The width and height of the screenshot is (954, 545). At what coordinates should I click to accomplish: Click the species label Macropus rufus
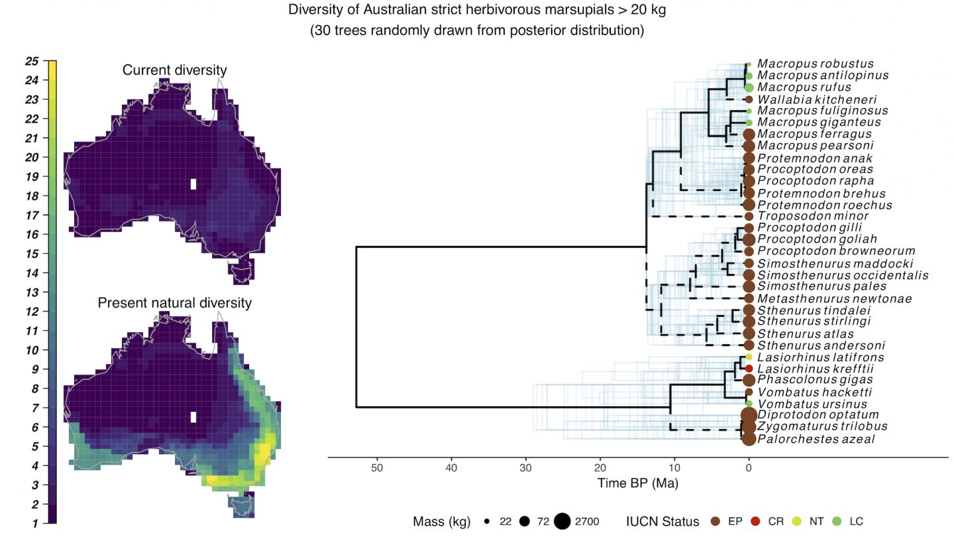point(804,88)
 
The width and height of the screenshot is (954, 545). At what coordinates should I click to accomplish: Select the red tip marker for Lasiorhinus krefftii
point(749,369)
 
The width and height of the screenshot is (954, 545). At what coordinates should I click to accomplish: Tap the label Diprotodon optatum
point(818,415)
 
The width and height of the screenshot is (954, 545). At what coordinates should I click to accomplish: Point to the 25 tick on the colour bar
point(32,61)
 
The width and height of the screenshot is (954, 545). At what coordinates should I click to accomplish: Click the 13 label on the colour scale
point(32,292)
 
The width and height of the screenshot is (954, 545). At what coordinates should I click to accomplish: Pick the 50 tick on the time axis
point(377,467)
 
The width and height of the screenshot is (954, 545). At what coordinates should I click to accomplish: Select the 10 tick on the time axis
point(674,467)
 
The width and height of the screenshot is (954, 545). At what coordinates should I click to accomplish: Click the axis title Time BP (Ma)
point(637,483)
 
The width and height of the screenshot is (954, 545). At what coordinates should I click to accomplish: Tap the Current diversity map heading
point(174,70)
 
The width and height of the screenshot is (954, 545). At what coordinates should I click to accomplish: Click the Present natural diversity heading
point(174,303)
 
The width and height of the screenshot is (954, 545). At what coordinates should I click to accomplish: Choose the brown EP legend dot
point(715,521)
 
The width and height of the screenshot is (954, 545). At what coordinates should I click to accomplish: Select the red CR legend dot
point(755,521)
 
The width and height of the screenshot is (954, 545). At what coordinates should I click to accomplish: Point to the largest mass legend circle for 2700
point(562,521)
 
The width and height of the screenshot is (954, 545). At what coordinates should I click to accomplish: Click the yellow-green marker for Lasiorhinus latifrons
point(749,357)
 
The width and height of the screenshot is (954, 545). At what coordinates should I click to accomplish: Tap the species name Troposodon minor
point(813,216)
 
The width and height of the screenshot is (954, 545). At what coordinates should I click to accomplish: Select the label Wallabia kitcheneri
point(817,99)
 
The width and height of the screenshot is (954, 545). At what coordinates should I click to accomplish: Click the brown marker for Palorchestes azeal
point(749,439)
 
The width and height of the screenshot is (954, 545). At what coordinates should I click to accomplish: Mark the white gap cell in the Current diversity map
point(193,184)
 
